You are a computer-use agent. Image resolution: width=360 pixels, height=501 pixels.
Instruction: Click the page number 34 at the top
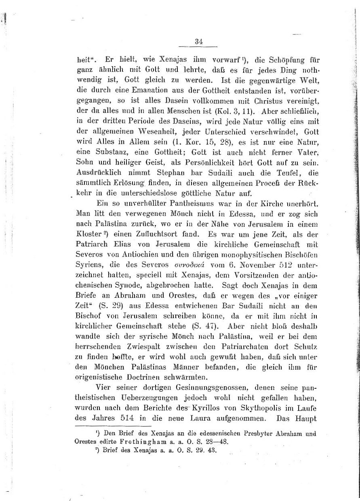point(198,41)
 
